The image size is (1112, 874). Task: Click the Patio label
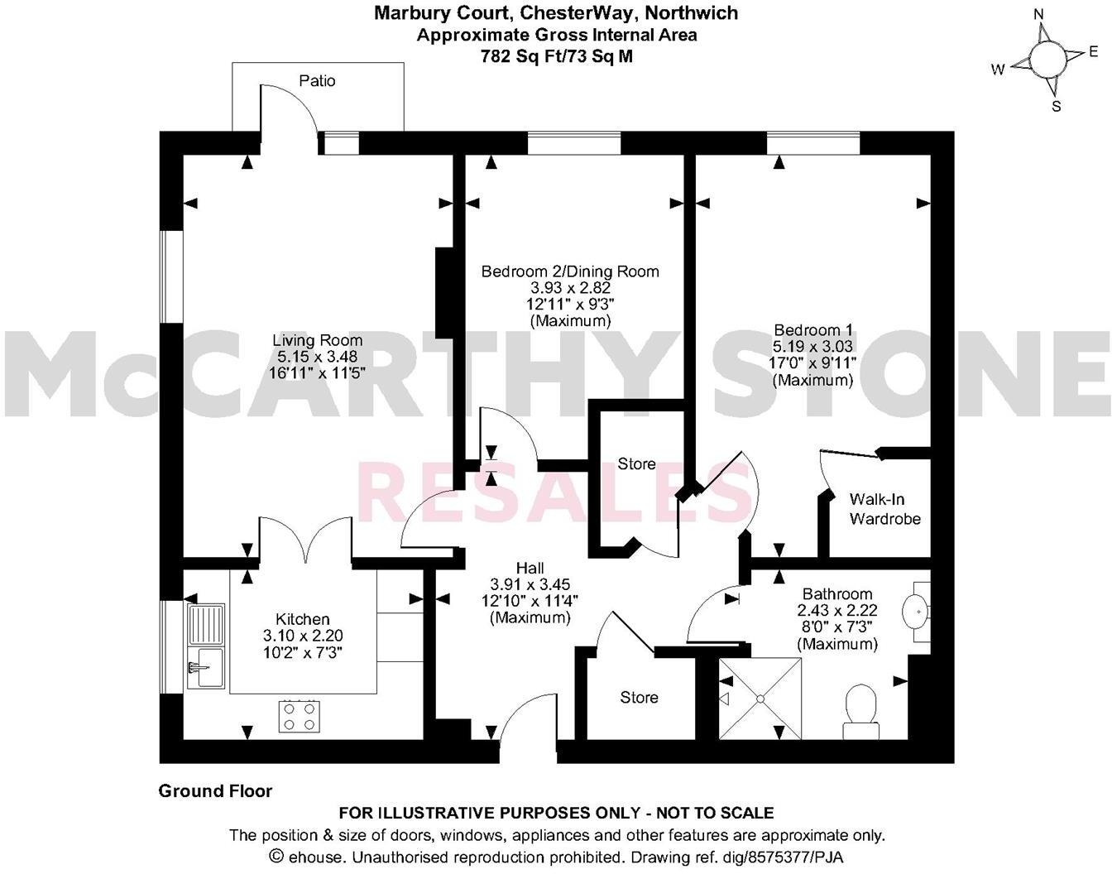317,81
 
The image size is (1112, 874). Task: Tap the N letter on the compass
1040,14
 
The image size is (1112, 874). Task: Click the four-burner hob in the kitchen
300,715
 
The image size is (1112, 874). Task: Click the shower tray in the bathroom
760,699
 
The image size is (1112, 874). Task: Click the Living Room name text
318,340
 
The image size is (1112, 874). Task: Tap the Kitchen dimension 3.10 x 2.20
303,636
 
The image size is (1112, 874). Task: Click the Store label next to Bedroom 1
637,464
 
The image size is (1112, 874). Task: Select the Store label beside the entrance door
640,698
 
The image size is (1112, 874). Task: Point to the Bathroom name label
837,594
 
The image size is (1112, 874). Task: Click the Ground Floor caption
215,791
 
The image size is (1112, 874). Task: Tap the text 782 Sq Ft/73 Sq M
556,56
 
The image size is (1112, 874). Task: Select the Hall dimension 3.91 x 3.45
530,584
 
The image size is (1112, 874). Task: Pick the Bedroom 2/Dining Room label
570,271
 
